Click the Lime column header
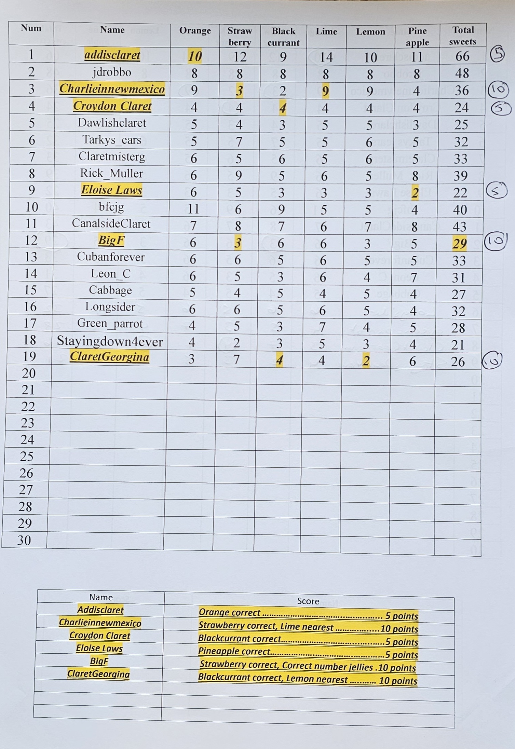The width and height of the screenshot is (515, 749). [326, 32]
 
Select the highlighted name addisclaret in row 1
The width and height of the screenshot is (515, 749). [112, 55]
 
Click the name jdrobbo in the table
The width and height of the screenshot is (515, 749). [112, 72]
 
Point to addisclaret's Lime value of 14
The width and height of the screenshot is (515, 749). [326, 57]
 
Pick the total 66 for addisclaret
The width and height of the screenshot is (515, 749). [462, 56]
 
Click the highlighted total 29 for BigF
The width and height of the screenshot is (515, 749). [460, 244]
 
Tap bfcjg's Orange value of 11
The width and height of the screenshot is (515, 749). [193, 208]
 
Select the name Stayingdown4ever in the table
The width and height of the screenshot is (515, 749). [110, 341]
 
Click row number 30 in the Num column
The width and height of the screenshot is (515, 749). [24, 540]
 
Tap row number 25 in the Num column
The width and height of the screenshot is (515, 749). [27, 457]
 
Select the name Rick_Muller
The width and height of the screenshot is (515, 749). [111, 173]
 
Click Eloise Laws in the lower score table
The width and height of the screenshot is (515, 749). [99, 648]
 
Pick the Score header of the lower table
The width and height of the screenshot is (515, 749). [308, 601]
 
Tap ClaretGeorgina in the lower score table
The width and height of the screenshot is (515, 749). [98, 674]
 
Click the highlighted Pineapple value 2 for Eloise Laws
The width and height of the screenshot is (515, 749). [415, 193]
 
